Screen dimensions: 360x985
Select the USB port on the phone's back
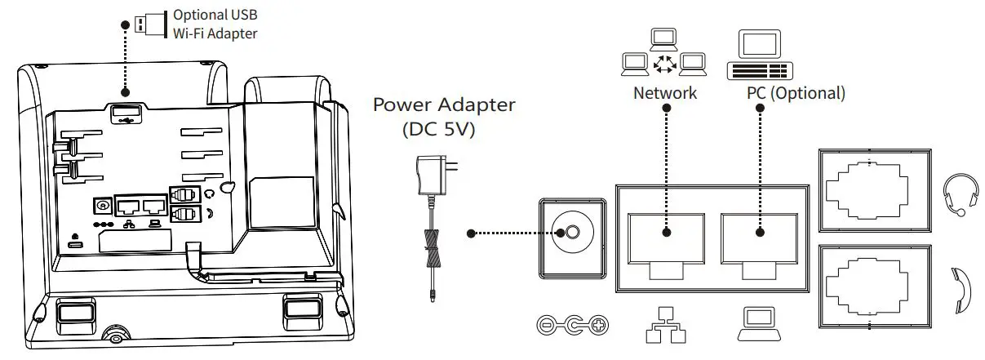(123, 113)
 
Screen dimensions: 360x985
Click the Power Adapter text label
(444, 105)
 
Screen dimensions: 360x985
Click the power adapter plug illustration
(432, 176)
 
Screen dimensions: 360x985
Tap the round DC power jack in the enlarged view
(571, 233)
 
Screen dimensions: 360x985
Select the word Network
(665, 93)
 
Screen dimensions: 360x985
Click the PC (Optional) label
(796, 93)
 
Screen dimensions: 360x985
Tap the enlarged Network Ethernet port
(666, 238)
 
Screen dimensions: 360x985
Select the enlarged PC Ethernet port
(760, 238)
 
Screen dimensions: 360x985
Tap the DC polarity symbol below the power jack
(573, 327)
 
